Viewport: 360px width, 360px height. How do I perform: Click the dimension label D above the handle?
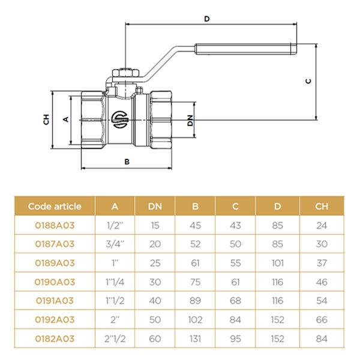point(207,19)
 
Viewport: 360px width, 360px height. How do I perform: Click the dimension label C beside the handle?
point(308,81)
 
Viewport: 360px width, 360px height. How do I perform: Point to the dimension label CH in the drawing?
point(46,119)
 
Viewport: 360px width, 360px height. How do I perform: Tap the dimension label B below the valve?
point(127,161)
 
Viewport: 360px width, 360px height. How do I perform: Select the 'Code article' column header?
point(55,206)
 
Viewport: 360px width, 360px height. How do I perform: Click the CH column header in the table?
point(322,206)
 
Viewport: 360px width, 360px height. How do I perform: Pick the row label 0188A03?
point(55,226)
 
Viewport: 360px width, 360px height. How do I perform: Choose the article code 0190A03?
point(55,282)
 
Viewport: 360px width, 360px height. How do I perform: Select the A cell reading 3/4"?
point(115,244)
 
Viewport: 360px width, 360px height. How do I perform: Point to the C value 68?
point(235,301)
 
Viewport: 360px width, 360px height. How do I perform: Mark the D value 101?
point(277,263)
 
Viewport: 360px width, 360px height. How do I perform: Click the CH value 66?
point(322,320)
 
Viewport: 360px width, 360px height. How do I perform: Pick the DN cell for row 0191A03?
point(155,301)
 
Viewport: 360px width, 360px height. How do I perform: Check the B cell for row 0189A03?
point(195,263)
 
